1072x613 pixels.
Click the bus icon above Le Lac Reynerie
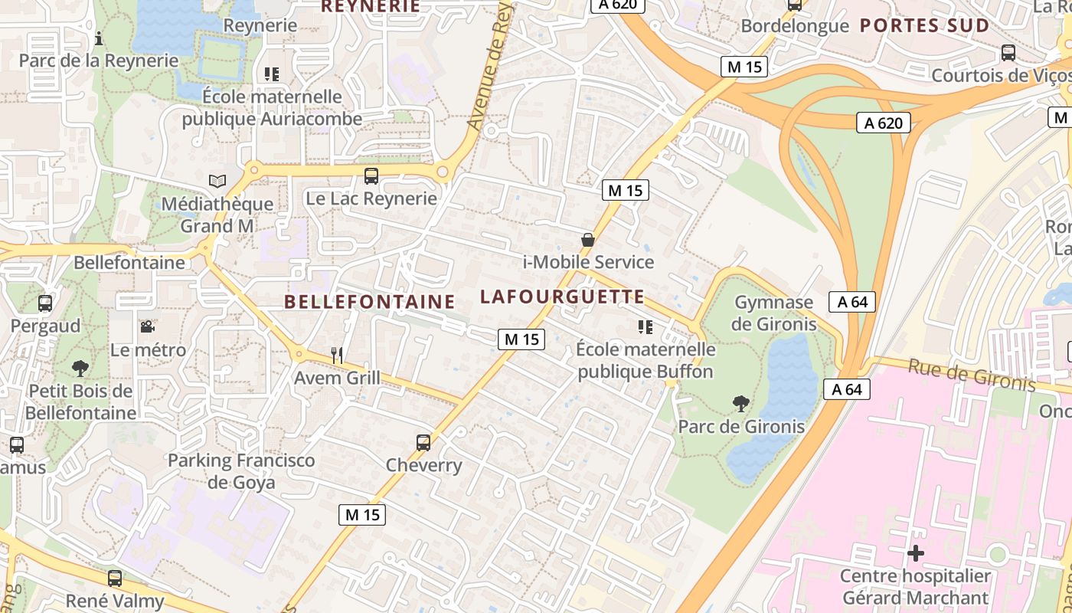tap(371, 176)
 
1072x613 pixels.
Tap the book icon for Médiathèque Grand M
tap(217, 182)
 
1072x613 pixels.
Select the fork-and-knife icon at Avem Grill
tap(337, 355)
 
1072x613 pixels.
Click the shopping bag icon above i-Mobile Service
tap(588, 240)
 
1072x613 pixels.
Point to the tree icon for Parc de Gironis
tap(740, 403)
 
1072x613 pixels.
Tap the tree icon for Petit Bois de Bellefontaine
tap(80, 369)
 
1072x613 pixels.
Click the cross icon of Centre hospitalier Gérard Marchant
tap(915, 552)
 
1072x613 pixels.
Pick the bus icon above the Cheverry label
tap(423, 442)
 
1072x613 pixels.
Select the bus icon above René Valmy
tap(115, 579)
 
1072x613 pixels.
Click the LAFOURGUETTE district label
tap(562, 297)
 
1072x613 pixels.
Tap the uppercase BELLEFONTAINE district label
tap(370, 302)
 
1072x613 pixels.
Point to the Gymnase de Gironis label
tap(773, 313)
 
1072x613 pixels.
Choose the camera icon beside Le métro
tap(147, 327)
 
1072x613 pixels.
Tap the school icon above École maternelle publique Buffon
tap(645, 327)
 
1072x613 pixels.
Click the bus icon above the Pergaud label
tap(45, 303)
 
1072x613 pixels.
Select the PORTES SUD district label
tap(924, 26)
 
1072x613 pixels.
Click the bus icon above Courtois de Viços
tap(1008, 53)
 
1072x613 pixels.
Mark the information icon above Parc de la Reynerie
tap(99, 38)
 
